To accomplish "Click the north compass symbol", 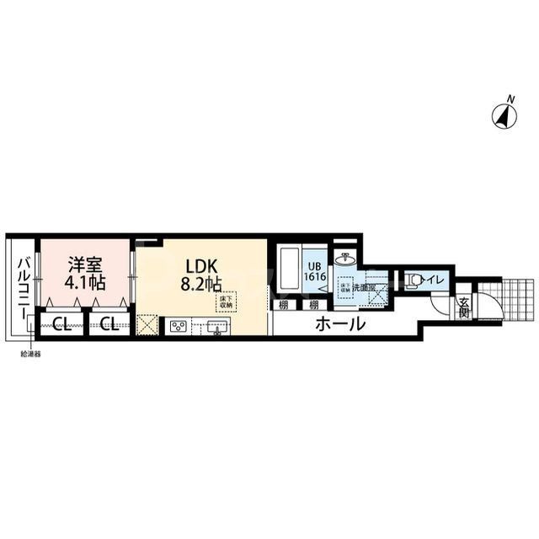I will click(x=507, y=115).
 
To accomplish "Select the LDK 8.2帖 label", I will click(x=200, y=271).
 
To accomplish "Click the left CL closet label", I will click(x=60, y=324).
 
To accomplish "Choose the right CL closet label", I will click(x=107, y=324).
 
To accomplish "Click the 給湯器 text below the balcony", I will click(x=32, y=354).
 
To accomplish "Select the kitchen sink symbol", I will click(x=216, y=325).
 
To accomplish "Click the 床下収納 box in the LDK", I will click(x=227, y=302).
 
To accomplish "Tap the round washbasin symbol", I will click(x=345, y=259).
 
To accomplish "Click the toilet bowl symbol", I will click(x=412, y=280).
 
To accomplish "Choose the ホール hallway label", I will click(x=340, y=324).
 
